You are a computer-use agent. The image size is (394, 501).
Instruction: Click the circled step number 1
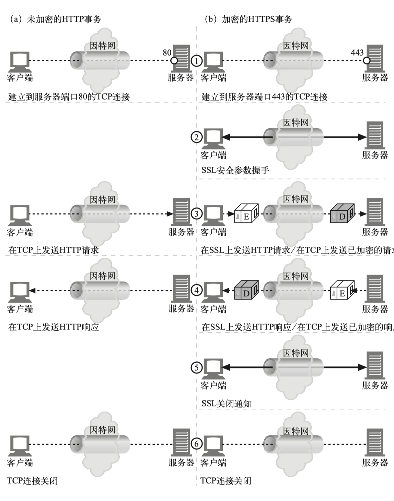tap(197, 61)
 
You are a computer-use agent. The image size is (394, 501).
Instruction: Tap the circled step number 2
tap(197, 137)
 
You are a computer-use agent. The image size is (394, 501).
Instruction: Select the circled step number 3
tap(197, 214)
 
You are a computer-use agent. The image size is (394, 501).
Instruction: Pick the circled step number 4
tap(197, 290)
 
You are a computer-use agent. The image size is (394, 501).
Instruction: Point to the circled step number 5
tap(197, 368)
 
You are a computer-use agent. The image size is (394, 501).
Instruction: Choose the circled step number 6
tap(197, 444)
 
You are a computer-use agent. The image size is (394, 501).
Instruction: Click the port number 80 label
tap(167, 53)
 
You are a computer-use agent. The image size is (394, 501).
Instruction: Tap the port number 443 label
tap(357, 53)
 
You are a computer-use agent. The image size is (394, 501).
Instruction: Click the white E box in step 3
tap(246, 214)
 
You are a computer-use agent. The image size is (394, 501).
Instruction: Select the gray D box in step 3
tap(342, 214)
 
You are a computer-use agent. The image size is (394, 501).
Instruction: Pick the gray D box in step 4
tap(246, 291)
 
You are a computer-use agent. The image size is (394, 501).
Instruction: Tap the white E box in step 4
tap(342, 291)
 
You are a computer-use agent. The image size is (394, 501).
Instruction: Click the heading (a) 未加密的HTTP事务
tap(55, 19)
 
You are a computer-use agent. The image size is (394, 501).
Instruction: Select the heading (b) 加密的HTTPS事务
tap(248, 19)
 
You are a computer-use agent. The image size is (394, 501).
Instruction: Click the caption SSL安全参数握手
tap(235, 170)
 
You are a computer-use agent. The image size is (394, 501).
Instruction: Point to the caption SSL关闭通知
tap(227, 404)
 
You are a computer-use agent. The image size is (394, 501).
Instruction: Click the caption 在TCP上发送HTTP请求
tap(53, 250)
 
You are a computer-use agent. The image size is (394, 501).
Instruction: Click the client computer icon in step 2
tap(213, 137)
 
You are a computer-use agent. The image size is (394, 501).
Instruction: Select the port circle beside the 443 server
tap(367, 61)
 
